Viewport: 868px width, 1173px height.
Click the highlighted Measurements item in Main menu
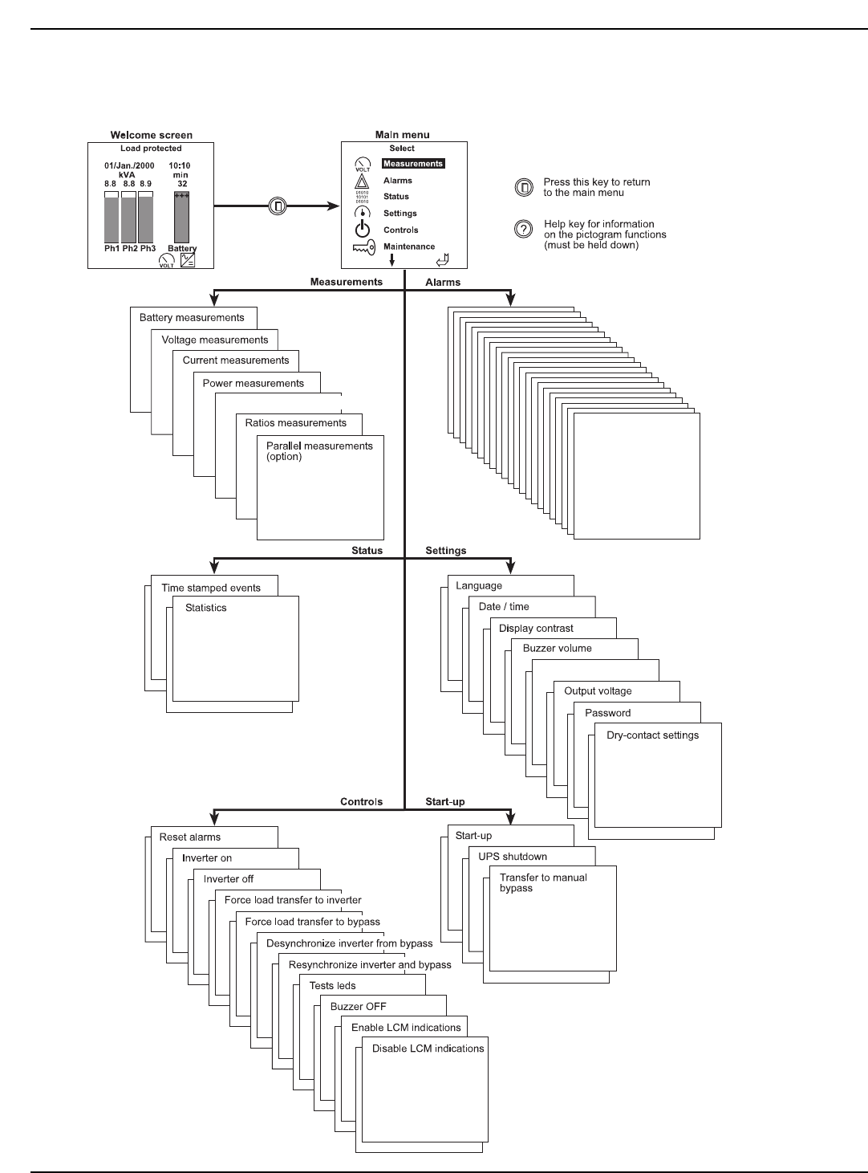point(412,164)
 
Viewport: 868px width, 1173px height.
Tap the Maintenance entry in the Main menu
point(409,246)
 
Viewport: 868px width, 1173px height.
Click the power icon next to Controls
point(363,230)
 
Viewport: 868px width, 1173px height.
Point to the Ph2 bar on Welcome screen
point(128,217)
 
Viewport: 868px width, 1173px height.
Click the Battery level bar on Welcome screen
point(182,217)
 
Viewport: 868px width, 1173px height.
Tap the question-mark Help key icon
point(523,230)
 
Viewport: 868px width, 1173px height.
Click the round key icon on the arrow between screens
point(278,206)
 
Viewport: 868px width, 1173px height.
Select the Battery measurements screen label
point(192,318)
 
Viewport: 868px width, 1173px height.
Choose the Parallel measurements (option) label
point(319,451)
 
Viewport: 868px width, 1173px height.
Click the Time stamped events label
point(211,588)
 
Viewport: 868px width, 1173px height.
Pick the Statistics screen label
point(206,608)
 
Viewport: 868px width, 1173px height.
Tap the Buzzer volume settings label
point(558,649)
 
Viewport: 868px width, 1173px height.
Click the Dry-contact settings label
point(652,735)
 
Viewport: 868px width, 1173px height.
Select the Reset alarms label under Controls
point(190,837)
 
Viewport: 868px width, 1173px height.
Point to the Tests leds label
point(332,986)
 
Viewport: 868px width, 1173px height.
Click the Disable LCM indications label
point(428,1049)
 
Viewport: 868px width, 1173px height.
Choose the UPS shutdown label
point(513,857)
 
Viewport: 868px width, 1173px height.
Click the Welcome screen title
point(152,135)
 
